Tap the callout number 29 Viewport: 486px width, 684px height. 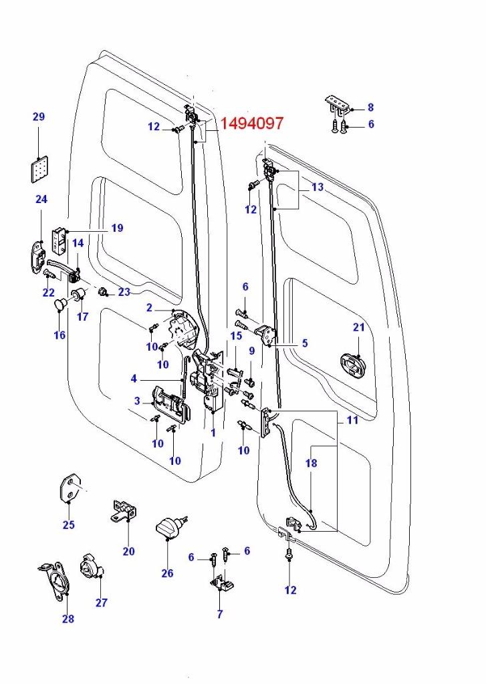tap(39, 117)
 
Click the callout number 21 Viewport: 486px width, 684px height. tap(359, 327)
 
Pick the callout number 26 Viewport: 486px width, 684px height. tap(167, 573)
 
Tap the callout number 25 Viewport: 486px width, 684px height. tap(68, 524)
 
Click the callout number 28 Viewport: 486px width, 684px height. tap(68, 619)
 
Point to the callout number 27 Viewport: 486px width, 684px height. tap(101, 602)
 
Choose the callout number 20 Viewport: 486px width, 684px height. tap(128, 551)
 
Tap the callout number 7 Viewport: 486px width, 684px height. tap(220, 614)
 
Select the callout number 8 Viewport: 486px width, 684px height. tap(370, 107)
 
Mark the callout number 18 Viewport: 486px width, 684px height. tap(312, 463)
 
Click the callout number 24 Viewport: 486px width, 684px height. tap(41, 199)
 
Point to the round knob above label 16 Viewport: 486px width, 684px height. tap(61, 305)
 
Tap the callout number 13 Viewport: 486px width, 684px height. tap(317, 188)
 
